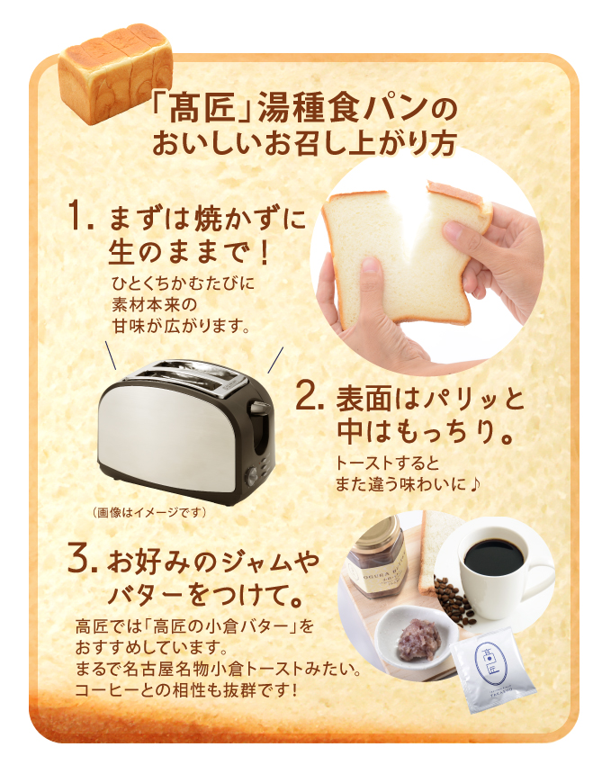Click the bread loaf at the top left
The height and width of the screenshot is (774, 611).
click(x=115, y=79)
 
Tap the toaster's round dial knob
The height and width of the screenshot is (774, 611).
click(x=254, y=476)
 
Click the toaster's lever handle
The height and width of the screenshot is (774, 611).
click(x=260, y=409)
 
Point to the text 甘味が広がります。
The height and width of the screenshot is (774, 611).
click(x=181, y=326)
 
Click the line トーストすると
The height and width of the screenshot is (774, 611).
click(x=388, y=463)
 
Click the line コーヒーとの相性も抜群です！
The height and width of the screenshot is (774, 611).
click(x=187, y=689)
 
